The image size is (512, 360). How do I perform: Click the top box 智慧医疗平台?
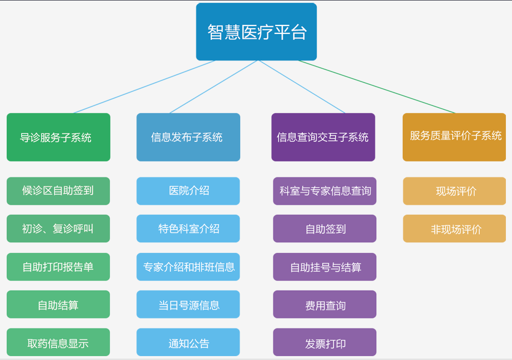point(256,32)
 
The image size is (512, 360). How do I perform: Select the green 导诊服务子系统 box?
point(58,137)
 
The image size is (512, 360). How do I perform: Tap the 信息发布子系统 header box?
point(189,137)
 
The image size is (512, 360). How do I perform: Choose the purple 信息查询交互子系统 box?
point(323,137)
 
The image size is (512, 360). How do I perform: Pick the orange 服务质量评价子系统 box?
point(454,137)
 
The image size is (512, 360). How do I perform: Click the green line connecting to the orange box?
point(377,87)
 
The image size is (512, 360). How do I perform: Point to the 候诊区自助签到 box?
point(58,191)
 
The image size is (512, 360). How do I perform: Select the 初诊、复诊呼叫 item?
point(58,229)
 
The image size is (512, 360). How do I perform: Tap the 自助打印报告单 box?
point(58,267)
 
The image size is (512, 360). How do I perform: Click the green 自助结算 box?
point(58,304)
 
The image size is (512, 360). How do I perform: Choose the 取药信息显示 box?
point(58,342)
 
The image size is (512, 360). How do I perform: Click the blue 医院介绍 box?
point(188,191)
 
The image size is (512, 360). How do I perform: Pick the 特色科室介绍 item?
point(188,229)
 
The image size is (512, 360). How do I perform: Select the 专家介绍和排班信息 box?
point(188,267)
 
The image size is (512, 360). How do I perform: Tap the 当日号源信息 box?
point(188,304)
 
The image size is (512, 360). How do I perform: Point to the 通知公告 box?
point(188,342)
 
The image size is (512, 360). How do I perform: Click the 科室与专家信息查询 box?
point(325,191)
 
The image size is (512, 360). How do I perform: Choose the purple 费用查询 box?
point(325,304)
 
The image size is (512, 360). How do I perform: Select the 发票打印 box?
point(325,342)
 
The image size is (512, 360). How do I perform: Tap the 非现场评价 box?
point(454,229)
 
